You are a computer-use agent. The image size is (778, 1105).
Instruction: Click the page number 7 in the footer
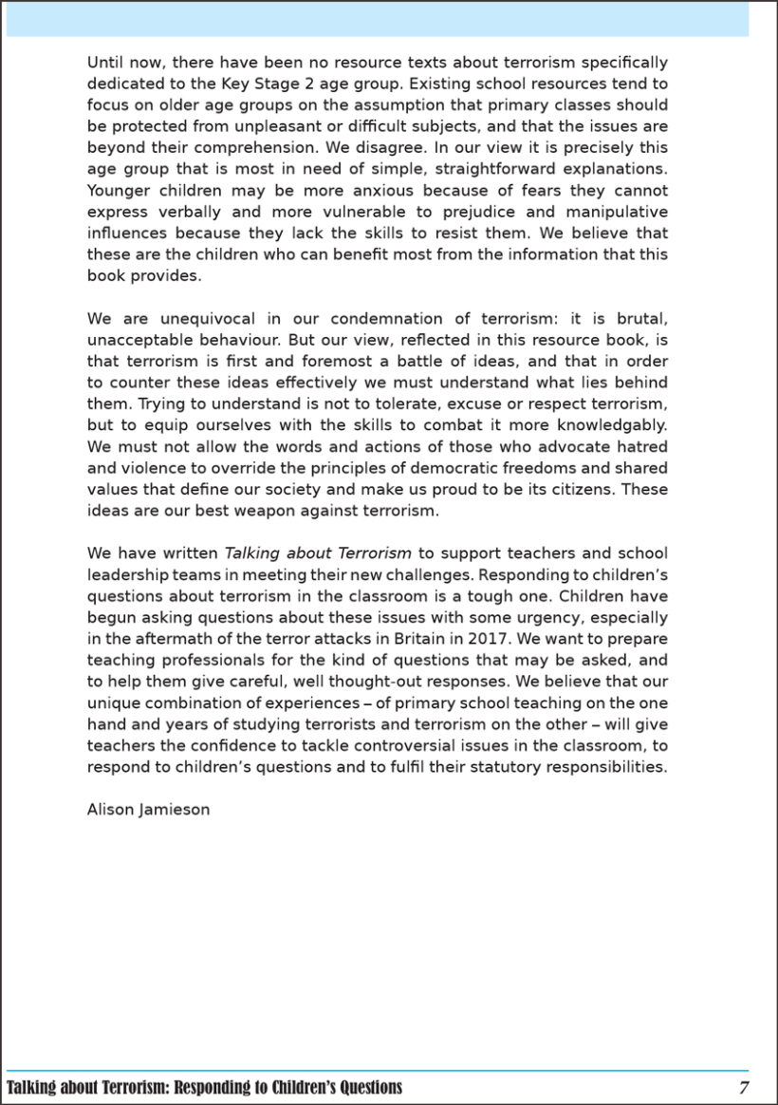point(744,1087)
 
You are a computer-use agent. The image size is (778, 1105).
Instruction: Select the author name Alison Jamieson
point(148,810)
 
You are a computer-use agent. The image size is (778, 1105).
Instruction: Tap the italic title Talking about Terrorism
point(318,553)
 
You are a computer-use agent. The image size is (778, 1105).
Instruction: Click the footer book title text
point(204,1087)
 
